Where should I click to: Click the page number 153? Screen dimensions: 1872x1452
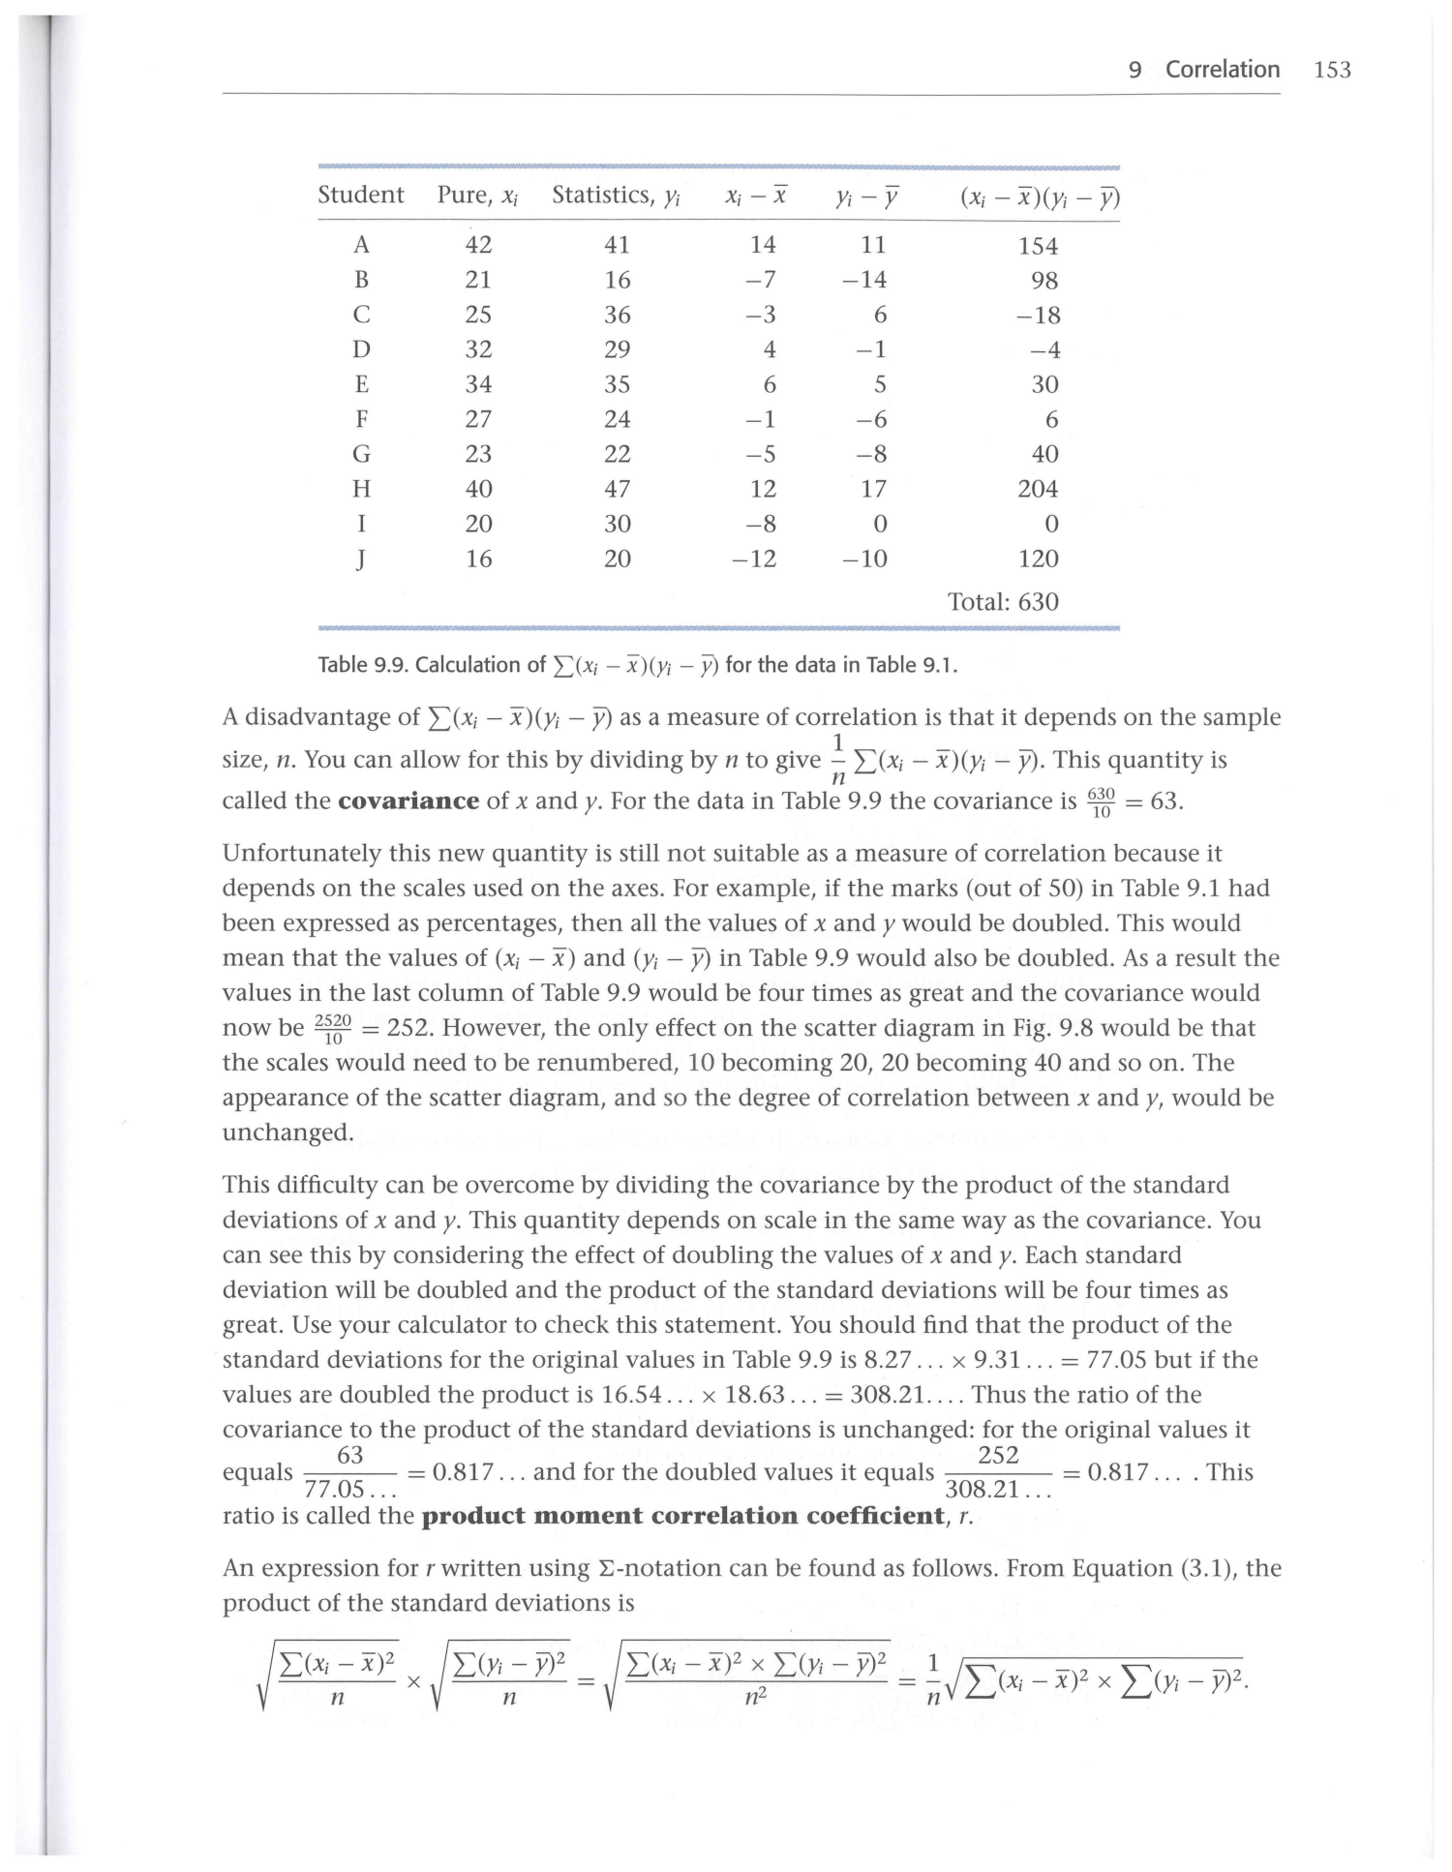pos(1333,70)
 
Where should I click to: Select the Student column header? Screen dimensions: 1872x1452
pos(361,196)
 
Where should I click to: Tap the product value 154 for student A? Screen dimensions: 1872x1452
pos(1038,246)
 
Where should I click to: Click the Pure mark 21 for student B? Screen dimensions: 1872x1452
pos(478,280)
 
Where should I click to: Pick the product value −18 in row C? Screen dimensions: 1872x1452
pos(1041,316)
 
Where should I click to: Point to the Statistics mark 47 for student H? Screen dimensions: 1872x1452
pos(617,489)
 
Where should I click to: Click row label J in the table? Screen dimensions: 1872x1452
pos(361,559)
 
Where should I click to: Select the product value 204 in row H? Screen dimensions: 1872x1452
pos(1038,489)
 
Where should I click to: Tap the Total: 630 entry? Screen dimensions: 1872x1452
pos(1003,602)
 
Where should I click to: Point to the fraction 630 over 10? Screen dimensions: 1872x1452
pos(1102,802)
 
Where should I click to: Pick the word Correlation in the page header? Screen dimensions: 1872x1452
pos(1222,70)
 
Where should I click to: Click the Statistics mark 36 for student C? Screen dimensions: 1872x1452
pos(617,316)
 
